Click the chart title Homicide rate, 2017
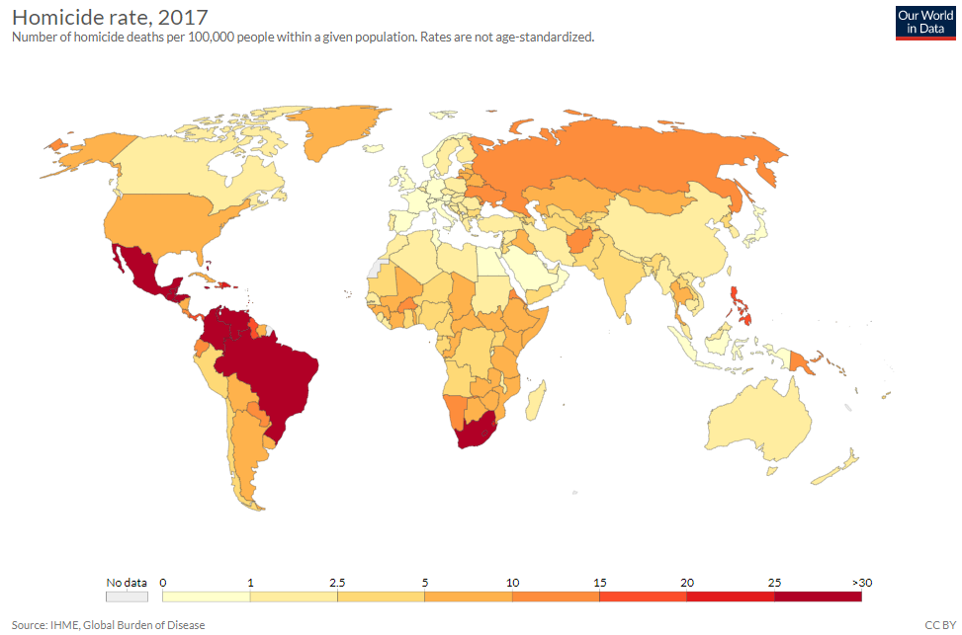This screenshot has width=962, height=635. [110, 17]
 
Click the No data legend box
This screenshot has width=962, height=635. [127, 595]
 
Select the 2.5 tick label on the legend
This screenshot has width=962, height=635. [337, 581]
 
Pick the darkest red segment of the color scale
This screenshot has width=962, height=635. [818, 595]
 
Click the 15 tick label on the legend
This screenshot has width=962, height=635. [599, 581]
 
